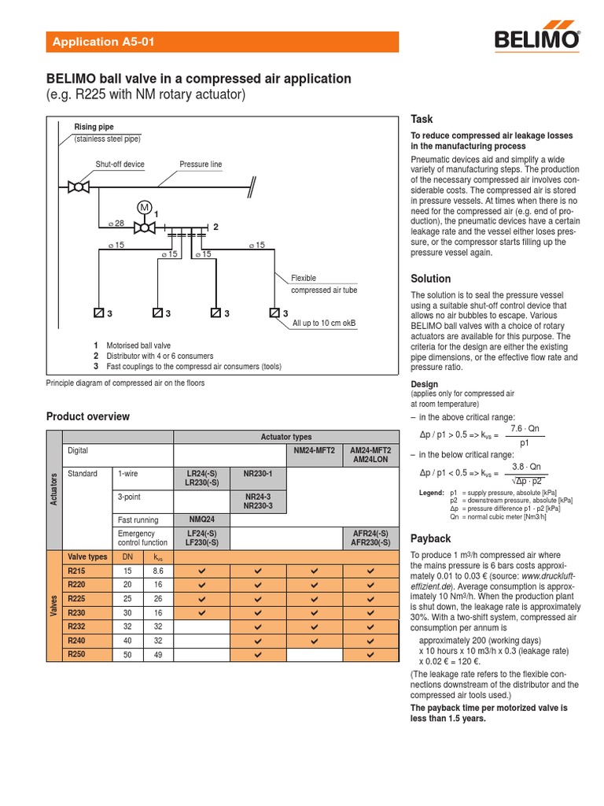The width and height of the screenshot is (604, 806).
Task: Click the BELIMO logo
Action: [538, 40]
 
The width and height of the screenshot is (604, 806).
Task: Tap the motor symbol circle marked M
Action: [144, 207]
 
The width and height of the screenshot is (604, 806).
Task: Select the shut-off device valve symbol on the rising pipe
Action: [78, 187]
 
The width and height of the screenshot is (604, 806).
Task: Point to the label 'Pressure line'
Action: [201, 165]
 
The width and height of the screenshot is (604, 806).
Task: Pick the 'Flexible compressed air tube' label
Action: [324, 284]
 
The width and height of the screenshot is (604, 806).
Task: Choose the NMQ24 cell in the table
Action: [201, 519]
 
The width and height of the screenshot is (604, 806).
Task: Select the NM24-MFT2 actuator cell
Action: [314, 450]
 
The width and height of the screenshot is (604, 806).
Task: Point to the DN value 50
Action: [127, 654]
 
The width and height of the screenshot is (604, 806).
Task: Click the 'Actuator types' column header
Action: [285, 437]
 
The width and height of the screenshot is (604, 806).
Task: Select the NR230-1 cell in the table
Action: [257, 475]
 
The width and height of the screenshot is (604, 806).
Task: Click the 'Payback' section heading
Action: [431, 539]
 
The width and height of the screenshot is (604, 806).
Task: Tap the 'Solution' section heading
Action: [431, 279]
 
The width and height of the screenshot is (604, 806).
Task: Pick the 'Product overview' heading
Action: [88, 417]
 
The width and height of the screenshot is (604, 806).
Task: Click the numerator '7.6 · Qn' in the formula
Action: [525, 428]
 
